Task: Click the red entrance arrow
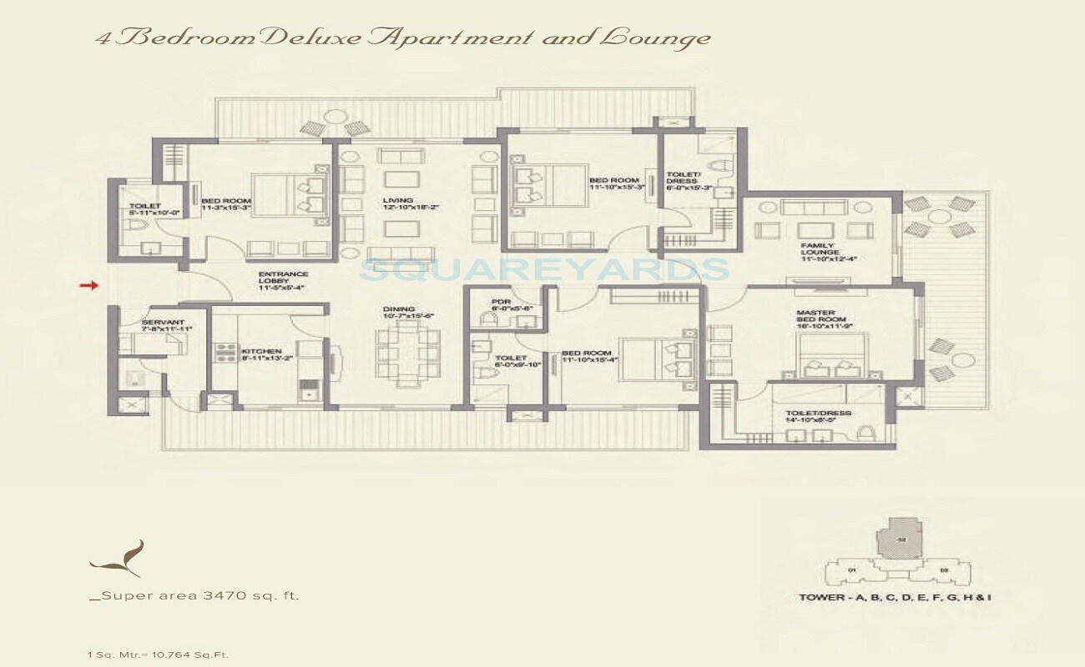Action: [88, 286]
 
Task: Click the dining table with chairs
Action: [406, 351]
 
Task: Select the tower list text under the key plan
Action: [894, 598]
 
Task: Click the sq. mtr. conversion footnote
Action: [158, 654]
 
